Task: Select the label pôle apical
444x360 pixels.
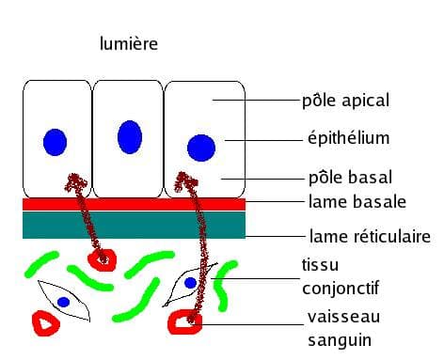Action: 345,99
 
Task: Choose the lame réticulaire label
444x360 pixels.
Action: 369,237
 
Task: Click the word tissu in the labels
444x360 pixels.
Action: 320,265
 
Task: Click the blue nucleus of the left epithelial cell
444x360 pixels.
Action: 55,142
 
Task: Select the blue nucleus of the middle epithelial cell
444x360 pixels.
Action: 129,137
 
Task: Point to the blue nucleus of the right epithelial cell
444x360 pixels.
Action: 200,148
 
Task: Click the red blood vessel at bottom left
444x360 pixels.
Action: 44,323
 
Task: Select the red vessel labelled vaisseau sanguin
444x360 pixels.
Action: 184,322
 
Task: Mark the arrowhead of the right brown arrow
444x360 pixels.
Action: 193,178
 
